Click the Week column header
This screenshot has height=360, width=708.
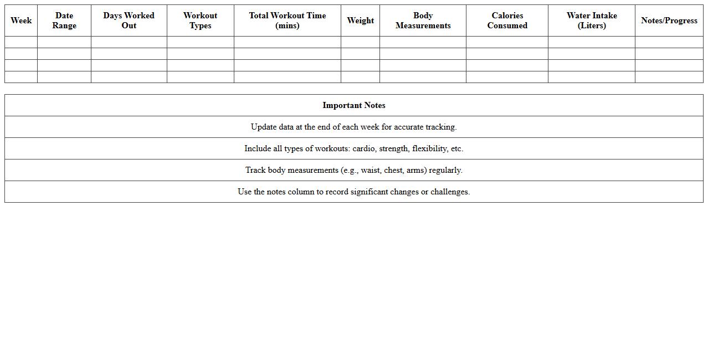(x=21, y=20)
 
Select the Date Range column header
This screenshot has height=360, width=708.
(x=64, y=20)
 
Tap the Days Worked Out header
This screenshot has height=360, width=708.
(x=129, y=20)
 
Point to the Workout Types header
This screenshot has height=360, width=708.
(x=200, y=20)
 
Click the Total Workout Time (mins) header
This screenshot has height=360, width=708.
(x=287, y=20)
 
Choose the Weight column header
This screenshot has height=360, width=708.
(x=360, y=20)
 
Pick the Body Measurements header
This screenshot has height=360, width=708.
(x=423, y=20)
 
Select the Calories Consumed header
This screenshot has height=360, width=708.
(x=507, y=20)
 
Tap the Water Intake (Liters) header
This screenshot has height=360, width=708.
(x=591, y=20)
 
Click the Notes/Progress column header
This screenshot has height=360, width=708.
(x=669, y=20)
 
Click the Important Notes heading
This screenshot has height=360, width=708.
(x=353, y=105)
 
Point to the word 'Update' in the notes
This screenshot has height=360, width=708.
(x=263, y=127)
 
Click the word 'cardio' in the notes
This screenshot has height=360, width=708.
(x=363, y=148)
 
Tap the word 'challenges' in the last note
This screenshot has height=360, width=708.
(x=450, y=192)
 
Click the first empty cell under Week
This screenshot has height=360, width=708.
(x=21, y=42)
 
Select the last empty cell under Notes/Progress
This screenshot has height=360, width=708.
(x=669, y=77)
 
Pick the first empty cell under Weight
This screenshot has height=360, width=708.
(x=360, y=42)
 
